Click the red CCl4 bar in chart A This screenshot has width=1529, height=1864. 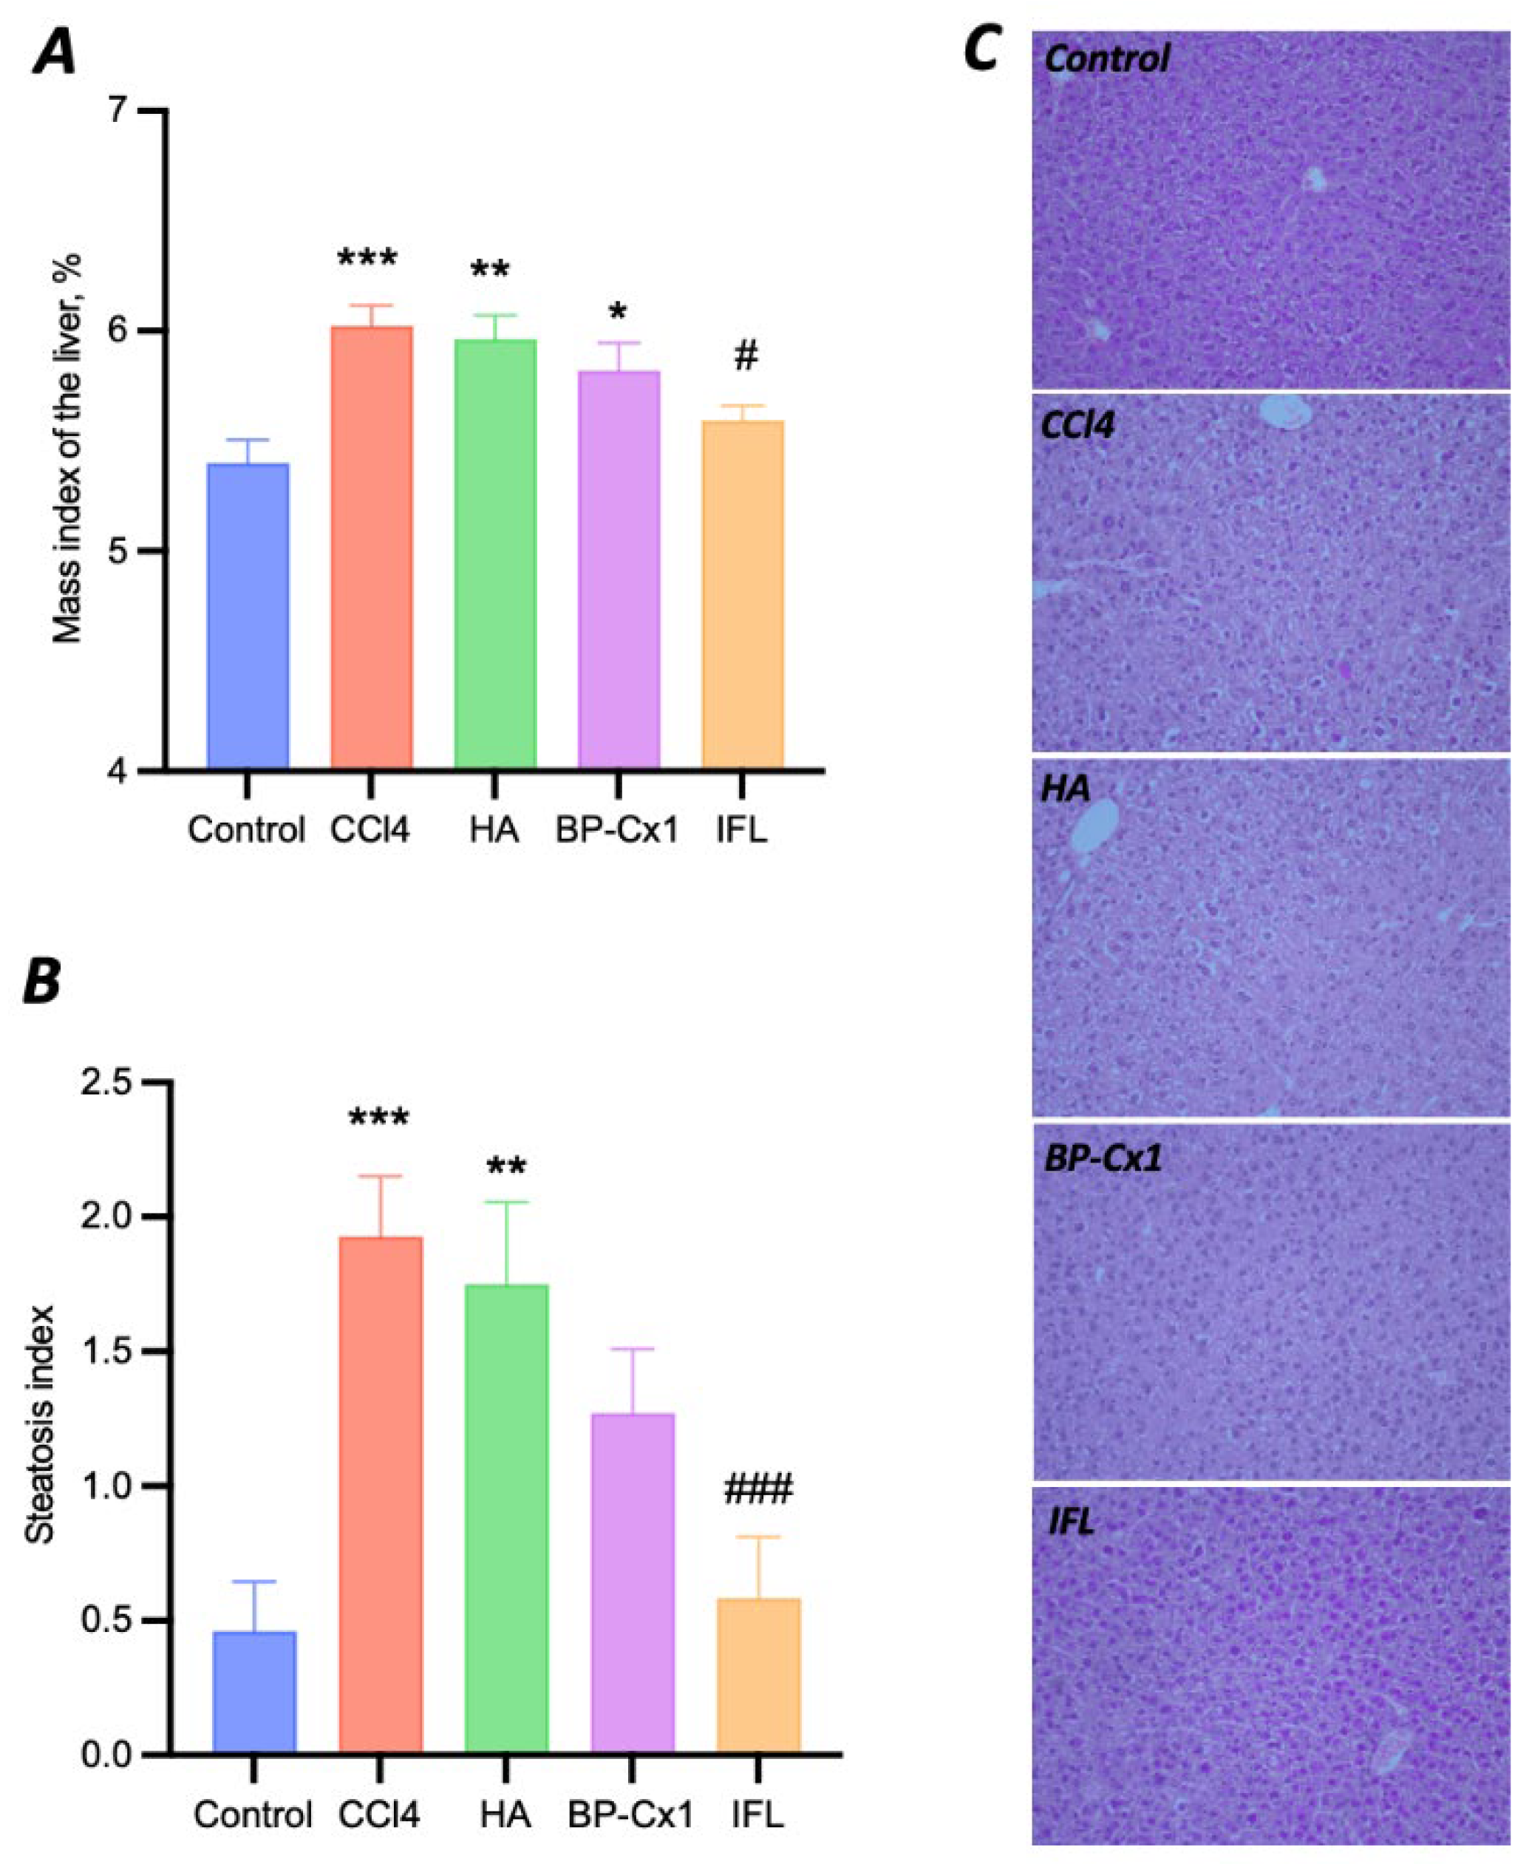click(371, 546)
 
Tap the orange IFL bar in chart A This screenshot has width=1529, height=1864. click(743, 595)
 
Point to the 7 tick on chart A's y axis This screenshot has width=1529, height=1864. click(115, 111)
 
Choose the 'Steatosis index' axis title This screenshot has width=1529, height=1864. click(40, 1423)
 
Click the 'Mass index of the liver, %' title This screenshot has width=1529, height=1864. click(67, 449)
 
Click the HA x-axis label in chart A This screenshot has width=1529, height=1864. click(494, 830)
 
